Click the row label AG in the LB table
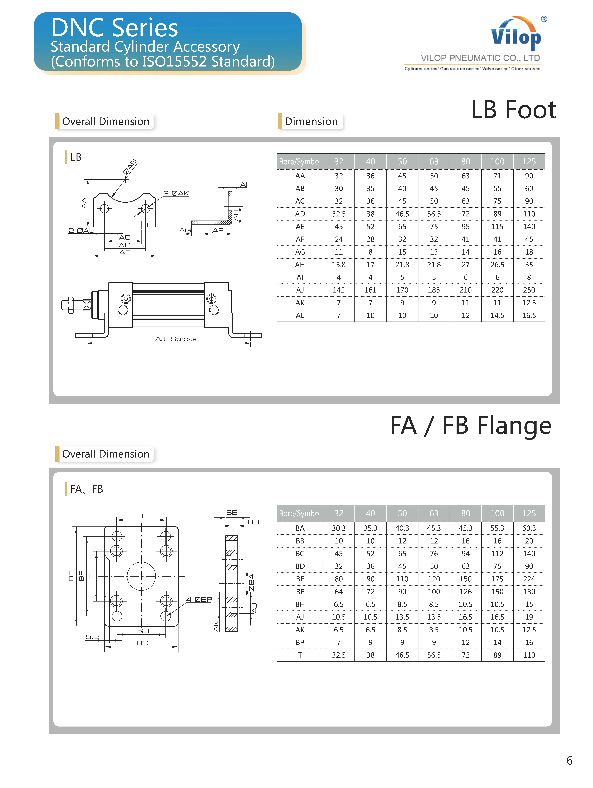tap(300, 252)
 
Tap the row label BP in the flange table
tap(300, 642)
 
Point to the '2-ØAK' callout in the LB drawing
tap(176, 193)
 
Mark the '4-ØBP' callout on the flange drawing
tap(199, 600)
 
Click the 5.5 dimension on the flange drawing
tap(92, 637)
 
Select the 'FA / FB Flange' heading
tap(471, 425)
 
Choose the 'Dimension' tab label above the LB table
tap(311, 121)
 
